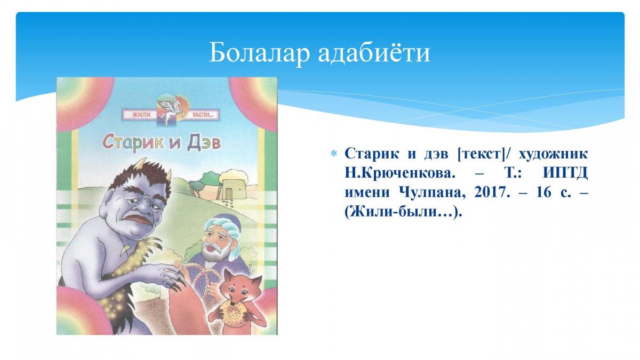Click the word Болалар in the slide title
259,53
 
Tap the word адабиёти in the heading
374,53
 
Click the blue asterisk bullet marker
333,154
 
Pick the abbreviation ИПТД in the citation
565,174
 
